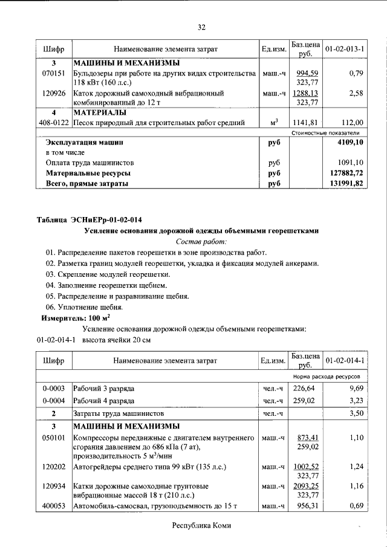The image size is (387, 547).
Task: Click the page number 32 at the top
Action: (x=202, y=27)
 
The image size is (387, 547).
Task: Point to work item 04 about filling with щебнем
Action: (x=106, y=285)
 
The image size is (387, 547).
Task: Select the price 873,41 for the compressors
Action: (x=305, y=436)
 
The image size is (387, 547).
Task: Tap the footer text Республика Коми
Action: (x=201, y=526)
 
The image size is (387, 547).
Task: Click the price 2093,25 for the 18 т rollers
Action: (x=305, y=485)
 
